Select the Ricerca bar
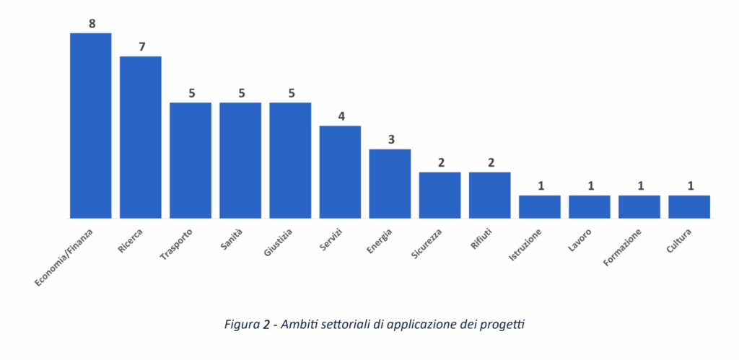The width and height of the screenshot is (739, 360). (140, 136)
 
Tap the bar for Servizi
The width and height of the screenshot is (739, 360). (340, 172)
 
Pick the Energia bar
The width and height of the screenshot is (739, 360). (390, 183)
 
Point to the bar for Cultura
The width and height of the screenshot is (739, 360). (689, 206)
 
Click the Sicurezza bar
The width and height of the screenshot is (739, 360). (440, 195)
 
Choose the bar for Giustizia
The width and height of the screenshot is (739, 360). (290, 159)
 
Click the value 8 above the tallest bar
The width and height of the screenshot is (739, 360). (92, 24)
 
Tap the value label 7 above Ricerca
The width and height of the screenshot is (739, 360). (141, 47)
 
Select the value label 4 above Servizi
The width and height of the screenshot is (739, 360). (341, 116)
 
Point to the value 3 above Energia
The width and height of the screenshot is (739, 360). (390, 139)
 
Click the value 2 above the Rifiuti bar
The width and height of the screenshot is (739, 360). (491, 162)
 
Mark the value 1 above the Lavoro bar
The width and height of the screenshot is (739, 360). (590, 186)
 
